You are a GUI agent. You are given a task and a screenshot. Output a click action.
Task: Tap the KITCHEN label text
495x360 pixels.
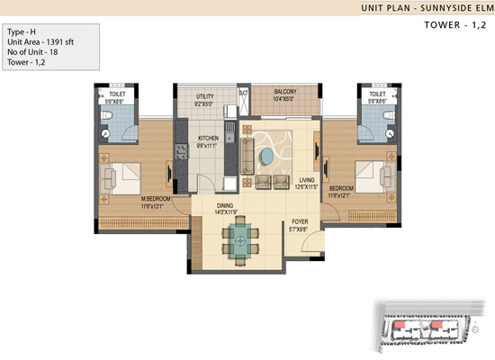click(209, 139)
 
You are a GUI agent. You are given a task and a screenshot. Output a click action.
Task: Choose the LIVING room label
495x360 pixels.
click(307, 180)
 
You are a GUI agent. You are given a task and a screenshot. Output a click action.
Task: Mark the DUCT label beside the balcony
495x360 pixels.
click(243, 92)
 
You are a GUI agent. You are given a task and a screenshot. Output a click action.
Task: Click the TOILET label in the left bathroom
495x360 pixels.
click(117, 92)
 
